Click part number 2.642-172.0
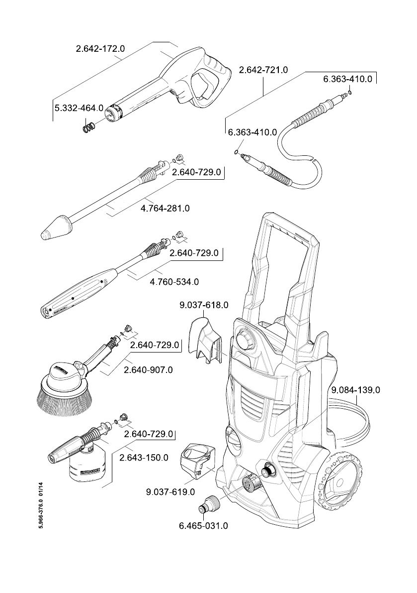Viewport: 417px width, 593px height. pos(100,49)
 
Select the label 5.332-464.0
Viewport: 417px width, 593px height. pos(79,108)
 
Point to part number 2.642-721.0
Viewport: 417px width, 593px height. pos(263,70)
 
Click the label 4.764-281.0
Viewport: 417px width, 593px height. pos(166,209)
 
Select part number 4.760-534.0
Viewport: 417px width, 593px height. pos(174,282)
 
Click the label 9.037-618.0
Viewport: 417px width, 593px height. pos(204,305)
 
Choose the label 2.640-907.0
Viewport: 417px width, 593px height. pos(148,370)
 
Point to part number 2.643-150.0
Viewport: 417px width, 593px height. pos(144,458)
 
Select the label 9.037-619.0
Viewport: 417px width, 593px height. pos(170,492)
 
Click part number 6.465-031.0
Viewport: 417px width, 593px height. pos(203,526)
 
